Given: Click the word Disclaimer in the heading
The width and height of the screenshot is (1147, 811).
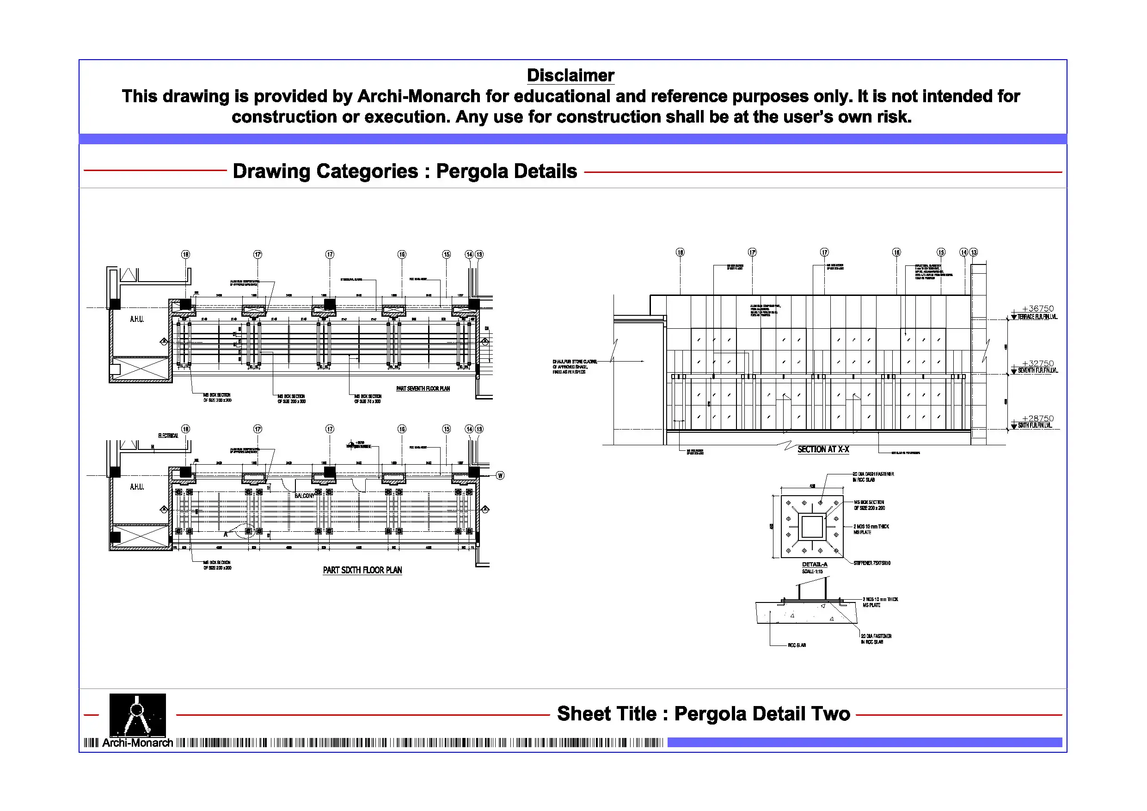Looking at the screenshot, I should (x=570, y=75).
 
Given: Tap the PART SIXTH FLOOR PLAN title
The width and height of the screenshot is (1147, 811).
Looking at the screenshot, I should (x=362, y=570).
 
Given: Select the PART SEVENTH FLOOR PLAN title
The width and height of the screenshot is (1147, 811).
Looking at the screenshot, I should (x=423, y=388).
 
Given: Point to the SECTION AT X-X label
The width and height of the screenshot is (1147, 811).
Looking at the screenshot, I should (x=823, y=449).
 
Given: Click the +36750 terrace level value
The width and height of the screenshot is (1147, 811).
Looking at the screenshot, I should (x=1037, y=309).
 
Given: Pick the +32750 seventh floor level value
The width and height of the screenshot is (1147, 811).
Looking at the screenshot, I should (x=1037, y=363).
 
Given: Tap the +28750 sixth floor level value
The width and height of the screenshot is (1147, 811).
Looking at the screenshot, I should (x=1037, y=418).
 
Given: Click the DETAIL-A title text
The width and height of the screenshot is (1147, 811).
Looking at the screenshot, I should (x=815, y=564).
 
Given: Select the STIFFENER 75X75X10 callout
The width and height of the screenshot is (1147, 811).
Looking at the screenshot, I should (x=872, y=563).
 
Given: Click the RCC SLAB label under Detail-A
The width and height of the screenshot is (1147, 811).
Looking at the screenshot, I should (x=797, y=645).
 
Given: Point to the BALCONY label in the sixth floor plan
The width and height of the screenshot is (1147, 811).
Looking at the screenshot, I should (x=304, y=496).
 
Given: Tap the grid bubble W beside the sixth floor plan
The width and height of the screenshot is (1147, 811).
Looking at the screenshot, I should (x=500, y=475).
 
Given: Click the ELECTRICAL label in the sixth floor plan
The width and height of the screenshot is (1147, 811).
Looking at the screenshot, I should (x=168, y=436).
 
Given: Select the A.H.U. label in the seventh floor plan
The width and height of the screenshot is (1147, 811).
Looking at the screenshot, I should (x=137, y=319).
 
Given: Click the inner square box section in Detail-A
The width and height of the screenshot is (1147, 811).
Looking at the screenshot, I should (x=812, y=527).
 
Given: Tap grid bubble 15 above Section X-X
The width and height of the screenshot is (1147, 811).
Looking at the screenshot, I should (x=941, y=252).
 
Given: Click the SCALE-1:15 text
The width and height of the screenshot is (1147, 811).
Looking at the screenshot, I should (x=812, y=571).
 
